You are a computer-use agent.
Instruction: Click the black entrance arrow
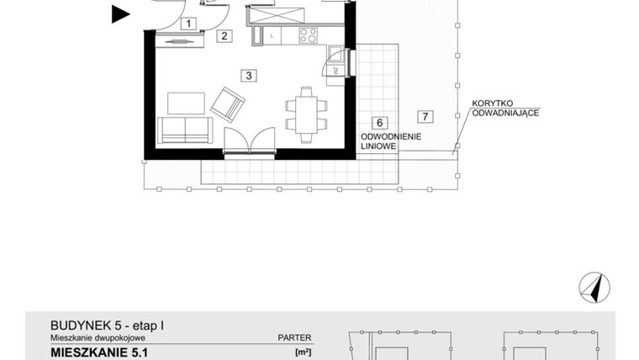click(x=121, y=13)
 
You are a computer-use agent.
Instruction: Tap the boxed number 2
click(x=224, y=35)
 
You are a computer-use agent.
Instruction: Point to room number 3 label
click(x=248, y=75)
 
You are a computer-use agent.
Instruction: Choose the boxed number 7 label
click(x=426, y=116)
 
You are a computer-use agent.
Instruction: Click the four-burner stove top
click(x=309, y=35)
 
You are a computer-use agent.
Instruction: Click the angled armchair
click(x=228, y=104)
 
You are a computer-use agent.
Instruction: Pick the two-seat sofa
click(x=185, y=130)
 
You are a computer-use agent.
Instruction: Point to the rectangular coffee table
click(x=186, y=103)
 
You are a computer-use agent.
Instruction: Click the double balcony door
click(x=250, y=140)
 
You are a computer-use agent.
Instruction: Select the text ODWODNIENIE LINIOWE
click(x=391, y=140)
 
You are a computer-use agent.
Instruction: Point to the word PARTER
click(x=294, y=337)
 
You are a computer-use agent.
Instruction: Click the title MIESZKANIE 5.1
click(x=95, y=352)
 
